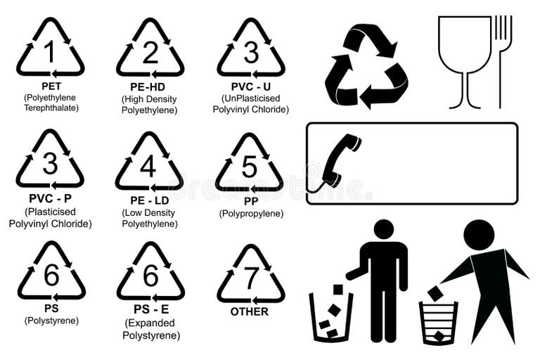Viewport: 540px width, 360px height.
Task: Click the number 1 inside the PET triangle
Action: click(49, 51)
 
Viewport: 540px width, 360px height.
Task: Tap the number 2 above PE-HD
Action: click(150, 51)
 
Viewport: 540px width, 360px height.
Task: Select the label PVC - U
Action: click(251, 86)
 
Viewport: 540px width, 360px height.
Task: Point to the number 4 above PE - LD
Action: click(148, 166)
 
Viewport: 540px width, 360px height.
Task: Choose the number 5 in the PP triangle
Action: click(250, 166)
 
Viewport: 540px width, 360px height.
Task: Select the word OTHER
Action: click(250, 311)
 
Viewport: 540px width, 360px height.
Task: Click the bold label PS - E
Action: click(151, 310)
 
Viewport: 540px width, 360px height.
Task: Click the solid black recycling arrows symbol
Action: click(366, 65)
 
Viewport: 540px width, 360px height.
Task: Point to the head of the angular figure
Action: click(479, 234)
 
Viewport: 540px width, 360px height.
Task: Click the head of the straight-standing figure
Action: click(383, 229)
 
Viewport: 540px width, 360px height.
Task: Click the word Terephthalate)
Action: click(51, 108)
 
